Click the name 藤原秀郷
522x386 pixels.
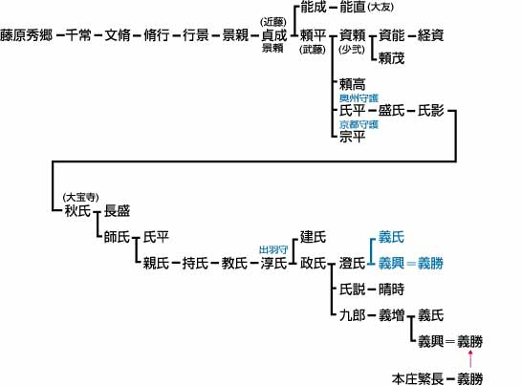click(x=27, y=35)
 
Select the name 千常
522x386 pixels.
click(x=78, y=35)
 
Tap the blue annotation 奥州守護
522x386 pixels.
click(x=359, y=98)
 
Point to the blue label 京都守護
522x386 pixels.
click(x=359, y=124)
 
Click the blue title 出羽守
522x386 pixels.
click(x=273, y=250)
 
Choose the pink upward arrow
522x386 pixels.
click(x=470, y=359)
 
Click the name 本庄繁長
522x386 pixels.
click(x=418, y=378)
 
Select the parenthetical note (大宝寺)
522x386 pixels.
click(x=81, y=198)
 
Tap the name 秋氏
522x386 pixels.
click(x=77, y=210)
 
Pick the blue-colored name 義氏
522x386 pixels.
click(x=392, y=237)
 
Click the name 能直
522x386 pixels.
click(x=352, y=7)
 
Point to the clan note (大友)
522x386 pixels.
click(x=381, y=7)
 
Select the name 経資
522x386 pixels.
click(x=431, y=35)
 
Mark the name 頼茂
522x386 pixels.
click(x=392, y=58)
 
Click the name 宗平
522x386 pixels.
click(x=352, y=137)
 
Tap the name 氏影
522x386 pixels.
click(x=431, y=111)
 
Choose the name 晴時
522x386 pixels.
click(x=392, y=289)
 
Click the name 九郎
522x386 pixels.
click(x=352, y=315)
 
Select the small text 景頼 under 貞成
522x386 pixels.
click(x=272, y=48)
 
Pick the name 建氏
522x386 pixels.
click(x=313, y=237)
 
